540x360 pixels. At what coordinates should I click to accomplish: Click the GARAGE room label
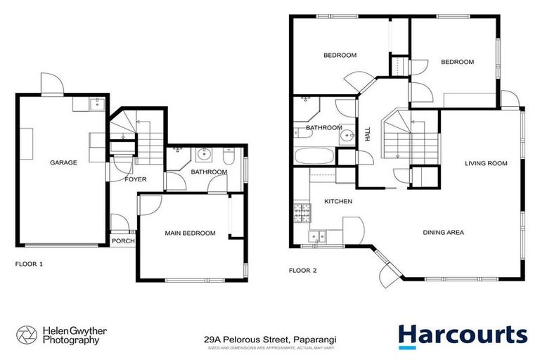63,162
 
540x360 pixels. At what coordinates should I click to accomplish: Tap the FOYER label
135,179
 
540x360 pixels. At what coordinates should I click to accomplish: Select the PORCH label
122,241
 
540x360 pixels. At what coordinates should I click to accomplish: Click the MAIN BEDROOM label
190,233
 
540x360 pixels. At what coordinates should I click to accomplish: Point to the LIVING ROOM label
486,164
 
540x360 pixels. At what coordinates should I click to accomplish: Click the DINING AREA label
443,232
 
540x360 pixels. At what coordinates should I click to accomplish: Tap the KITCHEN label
337,202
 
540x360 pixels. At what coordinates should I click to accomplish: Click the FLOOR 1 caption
29,265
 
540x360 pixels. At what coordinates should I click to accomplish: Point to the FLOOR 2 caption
303,270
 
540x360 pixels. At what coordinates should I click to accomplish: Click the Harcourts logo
462,335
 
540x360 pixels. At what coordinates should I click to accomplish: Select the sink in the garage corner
96,105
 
